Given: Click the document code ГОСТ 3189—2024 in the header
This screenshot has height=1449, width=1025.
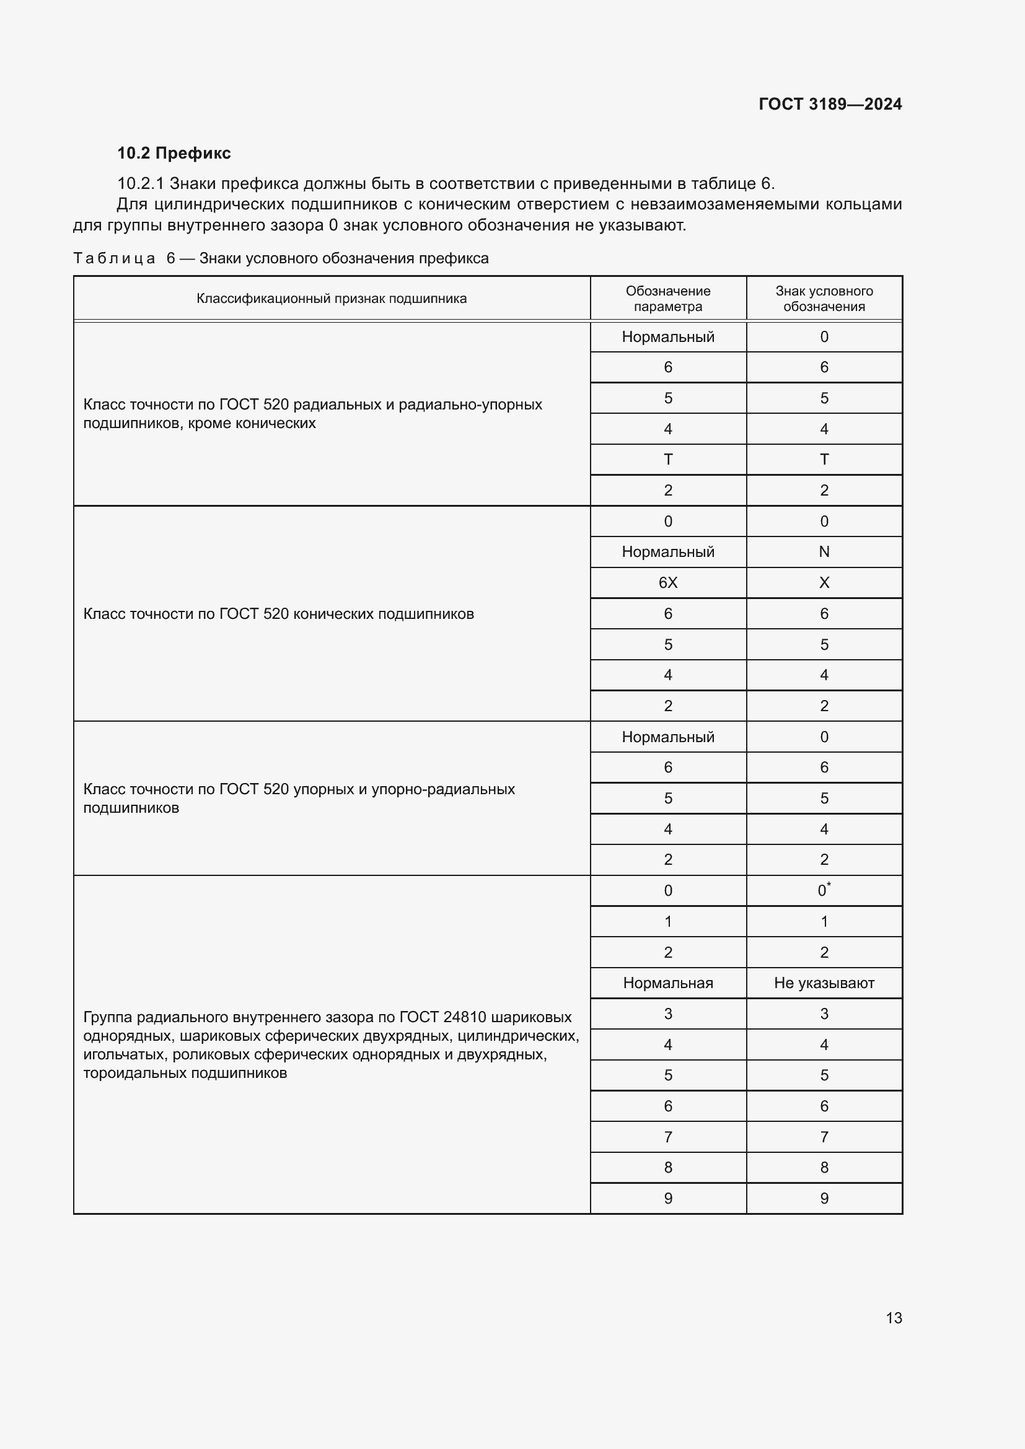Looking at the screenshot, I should (830, 104).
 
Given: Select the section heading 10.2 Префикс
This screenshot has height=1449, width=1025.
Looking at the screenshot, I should (174, 153).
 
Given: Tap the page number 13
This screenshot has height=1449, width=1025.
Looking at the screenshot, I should (894, 1318).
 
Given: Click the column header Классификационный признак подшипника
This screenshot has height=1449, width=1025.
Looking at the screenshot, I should (332, 299).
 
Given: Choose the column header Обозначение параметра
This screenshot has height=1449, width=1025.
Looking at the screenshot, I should (668, 299).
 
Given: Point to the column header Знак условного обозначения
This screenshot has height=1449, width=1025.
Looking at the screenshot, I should (824, 299).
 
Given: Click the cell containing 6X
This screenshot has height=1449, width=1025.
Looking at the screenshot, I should (668, 582).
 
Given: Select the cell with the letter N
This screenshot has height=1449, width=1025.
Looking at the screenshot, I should (824, 551).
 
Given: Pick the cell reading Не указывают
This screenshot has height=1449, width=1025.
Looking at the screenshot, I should (824, 983).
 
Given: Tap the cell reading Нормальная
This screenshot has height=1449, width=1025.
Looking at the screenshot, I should (668, 983).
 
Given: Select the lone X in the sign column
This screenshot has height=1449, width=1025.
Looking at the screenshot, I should (824, 582).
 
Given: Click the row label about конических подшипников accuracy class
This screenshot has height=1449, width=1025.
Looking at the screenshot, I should (278, 613).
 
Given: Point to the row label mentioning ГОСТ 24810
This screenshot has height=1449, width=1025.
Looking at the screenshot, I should (330, 1044).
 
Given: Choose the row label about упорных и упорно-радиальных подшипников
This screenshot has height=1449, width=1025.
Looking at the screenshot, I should (299, 798).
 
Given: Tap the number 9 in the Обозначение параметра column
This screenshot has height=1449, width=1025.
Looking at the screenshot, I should (668, 1198).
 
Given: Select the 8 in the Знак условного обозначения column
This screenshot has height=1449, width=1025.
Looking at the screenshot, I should (824, 1167).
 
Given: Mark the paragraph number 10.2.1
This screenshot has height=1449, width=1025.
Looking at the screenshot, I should (140, 183).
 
